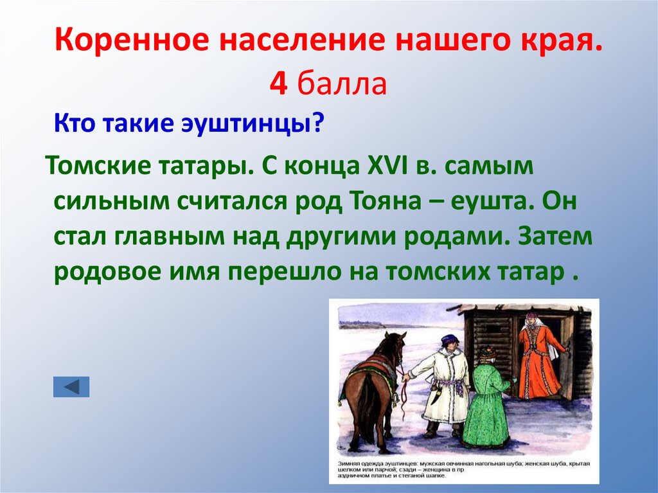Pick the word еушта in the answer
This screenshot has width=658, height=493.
click(x=491, y=201)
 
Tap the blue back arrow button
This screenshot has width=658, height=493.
click(x=71, y=386)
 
